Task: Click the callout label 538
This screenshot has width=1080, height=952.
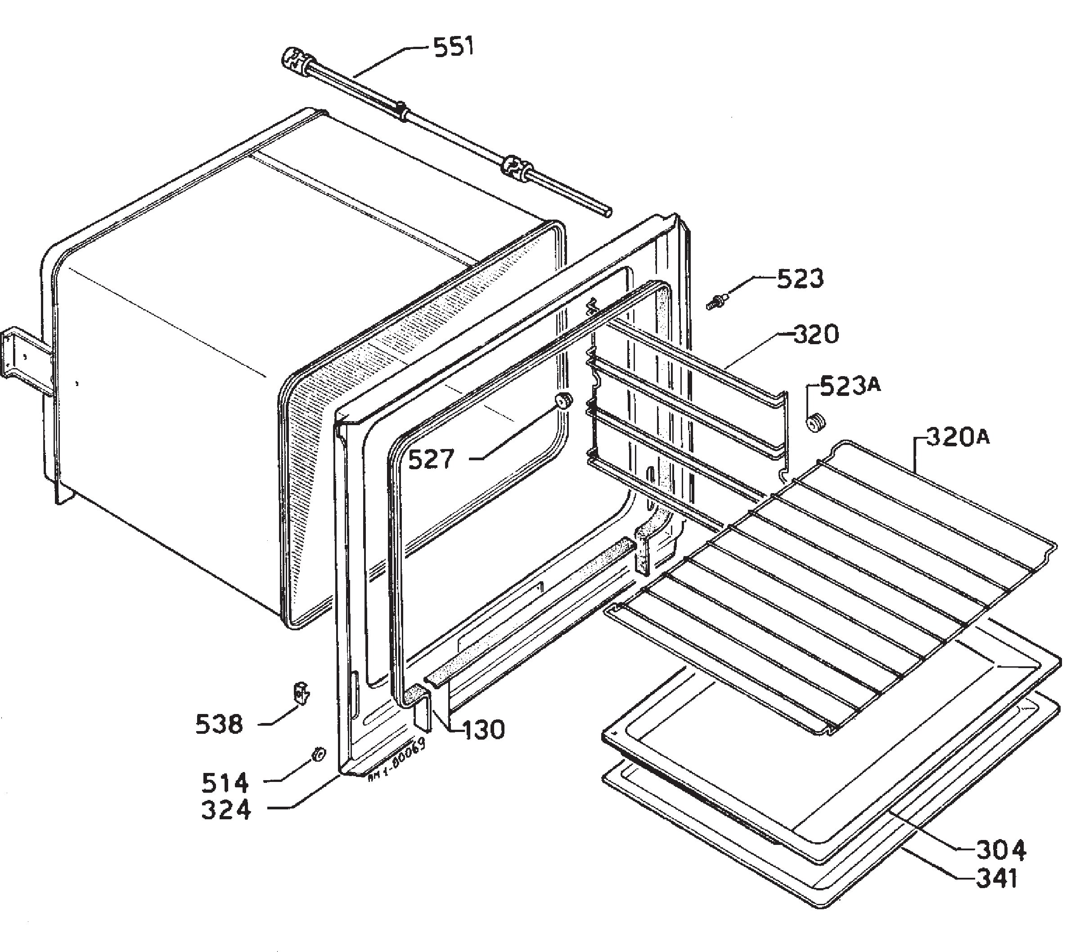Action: point(219,724)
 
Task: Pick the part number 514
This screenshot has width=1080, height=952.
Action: point(225,783)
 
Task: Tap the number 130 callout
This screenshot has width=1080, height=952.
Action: point(484,730)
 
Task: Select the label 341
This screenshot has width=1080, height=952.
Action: point(996,879)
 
